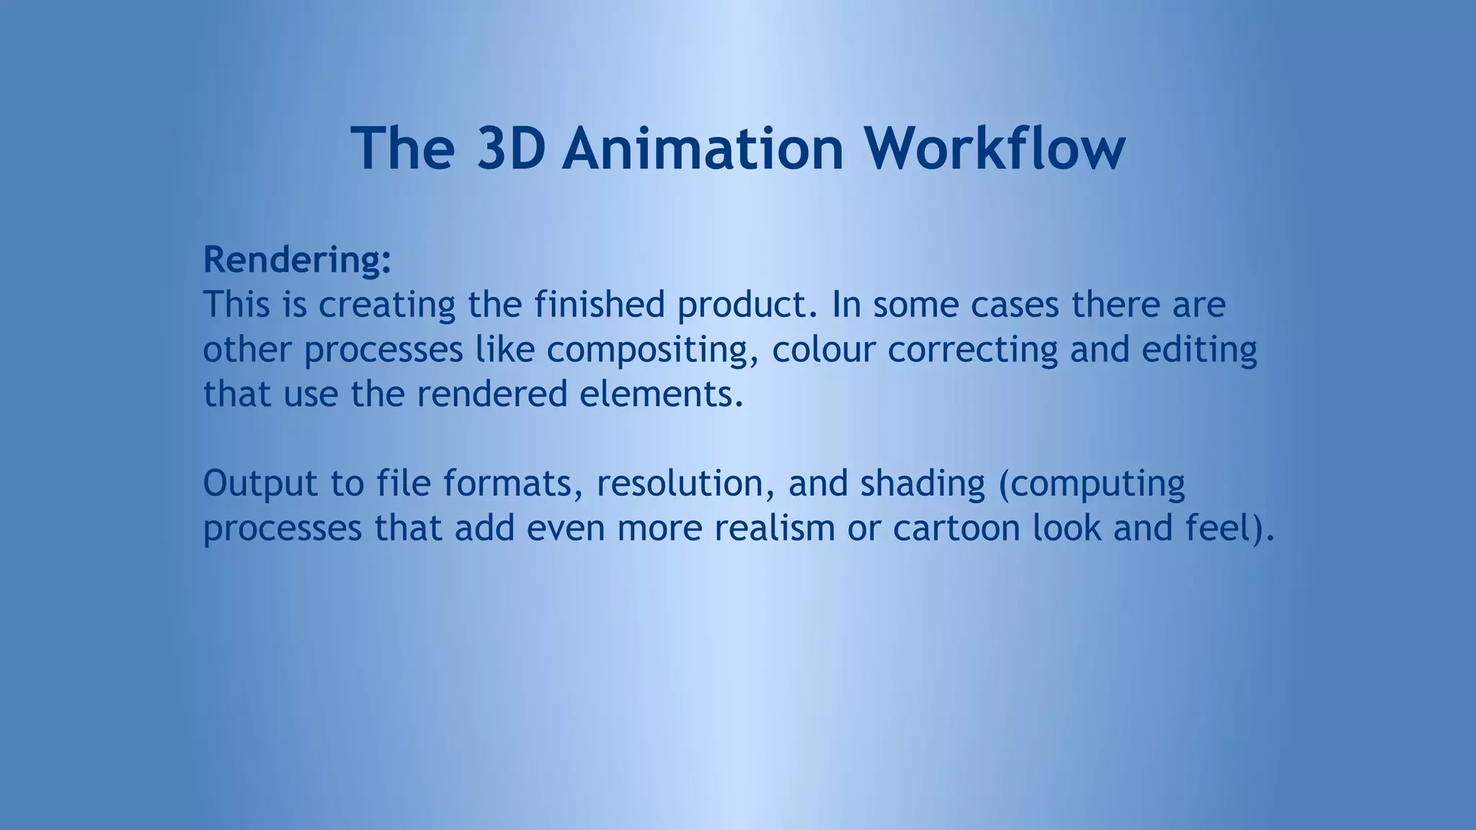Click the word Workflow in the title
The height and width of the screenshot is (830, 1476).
[x=995, y=148]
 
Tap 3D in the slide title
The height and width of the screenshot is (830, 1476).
[x=510, y=148]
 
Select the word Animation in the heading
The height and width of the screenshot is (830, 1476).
[x=703, y=148]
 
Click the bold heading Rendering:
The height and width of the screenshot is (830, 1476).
[x=297, y=259]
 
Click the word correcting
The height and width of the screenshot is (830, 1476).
[x=972, y=350]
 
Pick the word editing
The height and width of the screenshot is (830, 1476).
[x=1199, y=350]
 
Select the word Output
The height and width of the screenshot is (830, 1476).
[x=260, y=483]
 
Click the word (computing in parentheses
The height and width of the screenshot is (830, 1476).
[x=1092, y=485]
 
